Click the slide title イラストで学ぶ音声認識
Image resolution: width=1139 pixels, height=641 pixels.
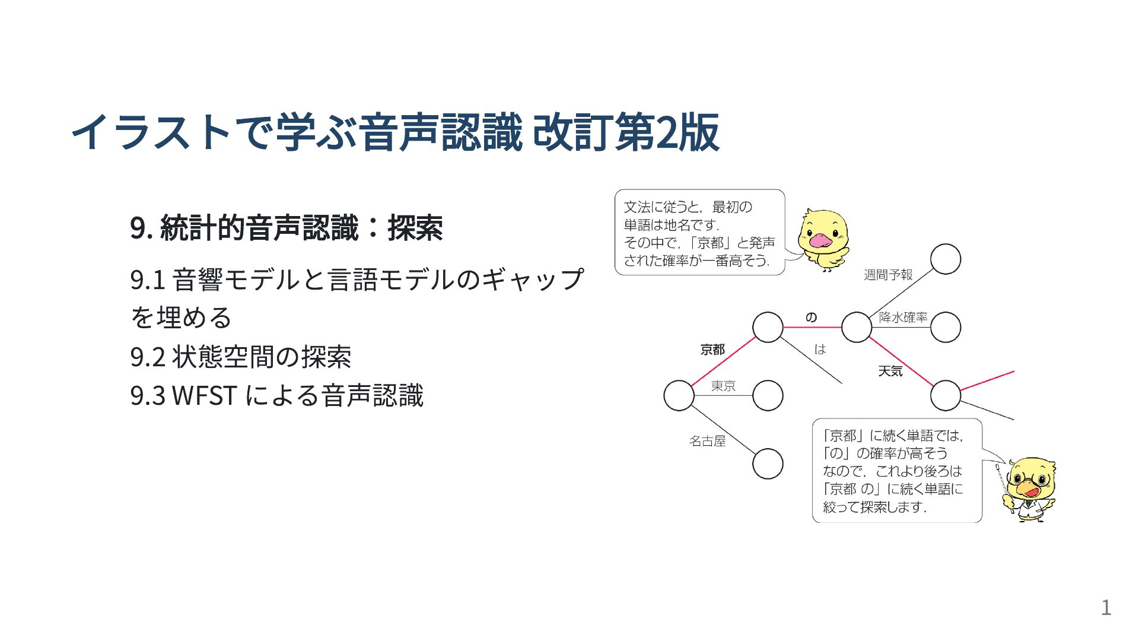pos(297,131)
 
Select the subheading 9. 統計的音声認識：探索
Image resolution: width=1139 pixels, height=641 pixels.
pos(287,227)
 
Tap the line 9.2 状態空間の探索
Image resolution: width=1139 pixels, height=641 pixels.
pos(241,357)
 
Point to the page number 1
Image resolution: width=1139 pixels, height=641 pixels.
pos(1106,608)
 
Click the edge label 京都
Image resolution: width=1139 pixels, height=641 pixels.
pos(712,350)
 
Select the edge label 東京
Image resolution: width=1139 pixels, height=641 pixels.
pos(723,386)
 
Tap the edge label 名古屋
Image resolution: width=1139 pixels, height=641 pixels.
pos(707,441)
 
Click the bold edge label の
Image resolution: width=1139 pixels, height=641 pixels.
pos(811,318)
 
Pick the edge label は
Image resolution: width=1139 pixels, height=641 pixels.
pos(820,350)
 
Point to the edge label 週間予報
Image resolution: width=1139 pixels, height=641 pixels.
pos(888,275)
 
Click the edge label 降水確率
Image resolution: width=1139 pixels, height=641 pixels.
pos(903,318)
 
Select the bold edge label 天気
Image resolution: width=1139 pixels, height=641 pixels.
pos(890,371)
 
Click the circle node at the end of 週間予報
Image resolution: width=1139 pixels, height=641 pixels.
pos(946,259)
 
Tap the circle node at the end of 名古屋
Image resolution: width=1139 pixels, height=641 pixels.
pos(768,464)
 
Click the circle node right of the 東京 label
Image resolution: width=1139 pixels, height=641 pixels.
pos(768,395)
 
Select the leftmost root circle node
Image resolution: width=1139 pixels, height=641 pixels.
pos(679,395)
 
